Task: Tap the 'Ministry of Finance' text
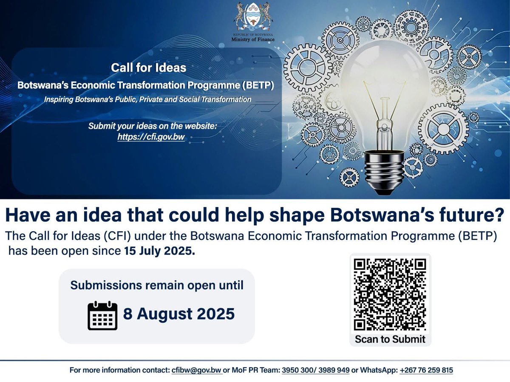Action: tap(253, 40)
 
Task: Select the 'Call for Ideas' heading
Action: tap(148, 68)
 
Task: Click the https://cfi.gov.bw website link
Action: tap(151, 137)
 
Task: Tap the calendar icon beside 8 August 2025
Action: tap(102, 315)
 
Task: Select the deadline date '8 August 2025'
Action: tap(179, 314)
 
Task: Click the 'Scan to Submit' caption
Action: tap(390, 339)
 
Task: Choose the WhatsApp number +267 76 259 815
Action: tap(426, 370)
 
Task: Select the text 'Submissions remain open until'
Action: tap(157, 285)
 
